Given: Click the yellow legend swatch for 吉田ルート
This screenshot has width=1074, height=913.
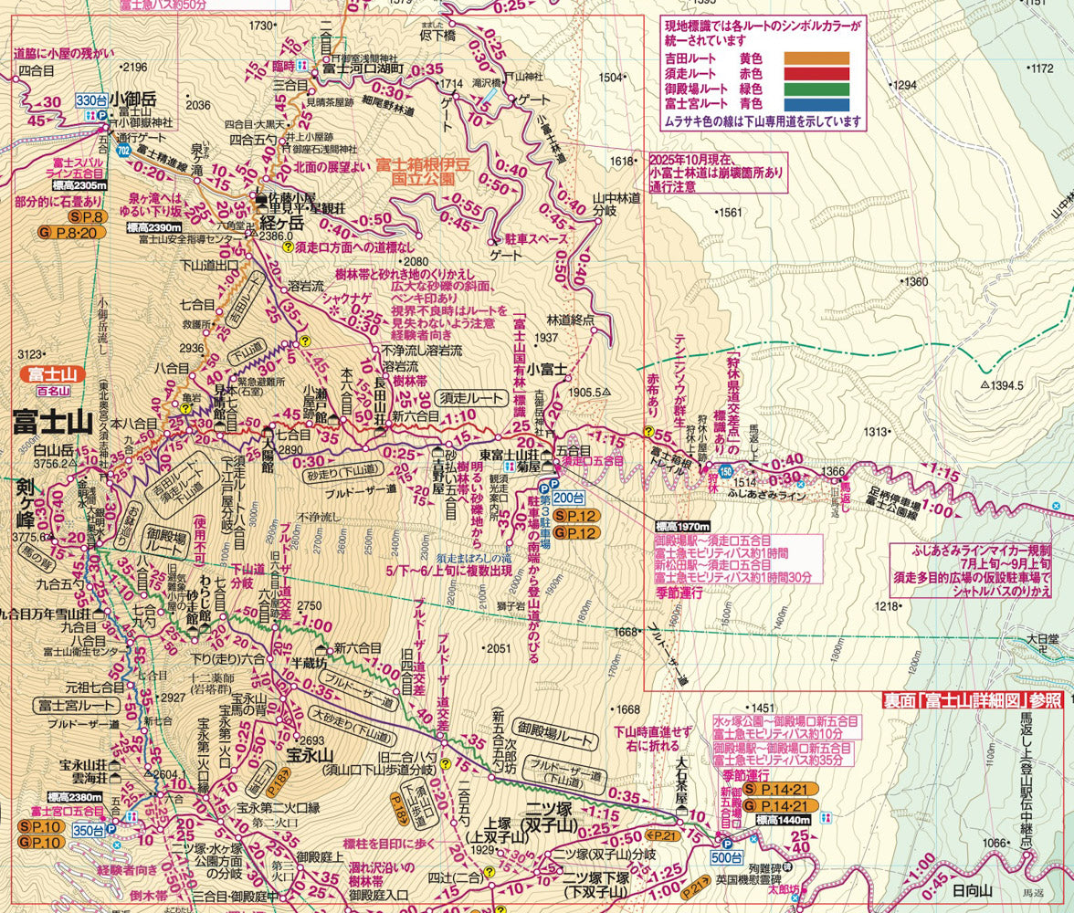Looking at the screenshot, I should (x=816, y=58).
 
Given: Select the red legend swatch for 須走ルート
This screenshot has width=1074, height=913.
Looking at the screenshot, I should (x=816, y=74).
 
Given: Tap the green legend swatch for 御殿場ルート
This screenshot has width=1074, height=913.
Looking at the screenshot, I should (x=816, y=89).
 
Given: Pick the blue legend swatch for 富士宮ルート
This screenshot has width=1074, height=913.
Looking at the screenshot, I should (x=816, y=105).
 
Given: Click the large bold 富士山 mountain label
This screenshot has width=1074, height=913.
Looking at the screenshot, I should (x=53, y=422).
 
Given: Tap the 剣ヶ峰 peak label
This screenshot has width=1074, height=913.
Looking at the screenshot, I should (x=25, y=503).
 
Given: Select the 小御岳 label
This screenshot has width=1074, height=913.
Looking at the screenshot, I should (x=136, y=97).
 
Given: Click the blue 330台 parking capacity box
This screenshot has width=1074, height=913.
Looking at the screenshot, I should (x=91, y=100).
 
